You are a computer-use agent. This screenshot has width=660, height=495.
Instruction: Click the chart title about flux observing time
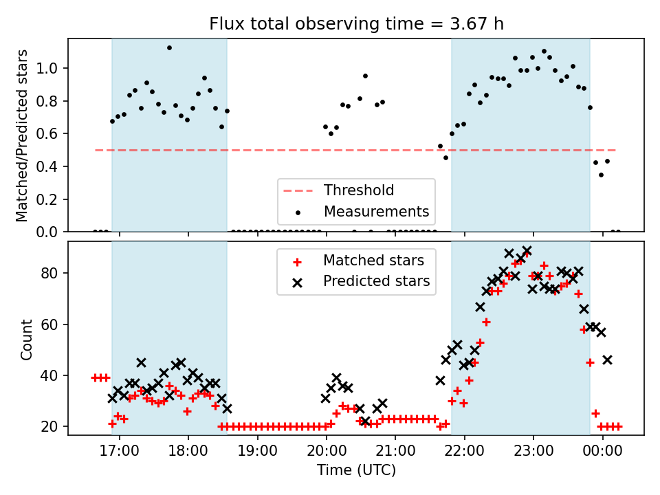click(x=356, y=24)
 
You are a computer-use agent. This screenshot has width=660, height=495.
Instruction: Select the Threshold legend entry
click(x=359, y=190)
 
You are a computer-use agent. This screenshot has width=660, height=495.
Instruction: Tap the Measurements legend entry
click(x=376, y=211)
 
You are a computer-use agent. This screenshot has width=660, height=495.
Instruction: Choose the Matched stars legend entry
click(x=373, y=261)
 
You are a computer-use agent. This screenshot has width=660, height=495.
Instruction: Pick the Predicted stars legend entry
click(x=376, y=281)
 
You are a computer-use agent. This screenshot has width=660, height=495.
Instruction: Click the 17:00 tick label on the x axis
click(x=120, y=455)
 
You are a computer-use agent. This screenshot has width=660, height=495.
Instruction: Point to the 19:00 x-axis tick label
click(x=258, y=455)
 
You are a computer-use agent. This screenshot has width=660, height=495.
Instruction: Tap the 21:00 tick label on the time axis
click(x=396, y=455)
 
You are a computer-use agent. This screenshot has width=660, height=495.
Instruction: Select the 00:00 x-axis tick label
click(x=603, y=455)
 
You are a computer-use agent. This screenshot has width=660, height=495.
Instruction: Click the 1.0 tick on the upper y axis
click(x=52, y=68)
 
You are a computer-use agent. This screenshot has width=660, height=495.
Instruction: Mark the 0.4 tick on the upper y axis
click(x=52, y=166)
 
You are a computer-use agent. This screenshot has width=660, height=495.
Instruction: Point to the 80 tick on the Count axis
click(x=53, y=273)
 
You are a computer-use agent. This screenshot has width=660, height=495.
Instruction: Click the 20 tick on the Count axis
click(x=53, y=426)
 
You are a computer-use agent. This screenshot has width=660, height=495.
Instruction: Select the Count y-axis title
click(x=27, y=339)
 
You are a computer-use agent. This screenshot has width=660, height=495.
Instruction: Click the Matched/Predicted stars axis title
click(x=22, y=135)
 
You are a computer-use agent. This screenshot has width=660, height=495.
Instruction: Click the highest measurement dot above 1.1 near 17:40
click(x=169, y=48)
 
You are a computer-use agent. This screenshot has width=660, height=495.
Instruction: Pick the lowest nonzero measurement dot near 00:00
click(x=601, y=175)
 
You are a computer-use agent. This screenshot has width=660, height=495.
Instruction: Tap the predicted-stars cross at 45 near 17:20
click(x=141, y=362)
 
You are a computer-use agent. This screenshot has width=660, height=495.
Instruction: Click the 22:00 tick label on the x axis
click(x=465, y=455)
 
